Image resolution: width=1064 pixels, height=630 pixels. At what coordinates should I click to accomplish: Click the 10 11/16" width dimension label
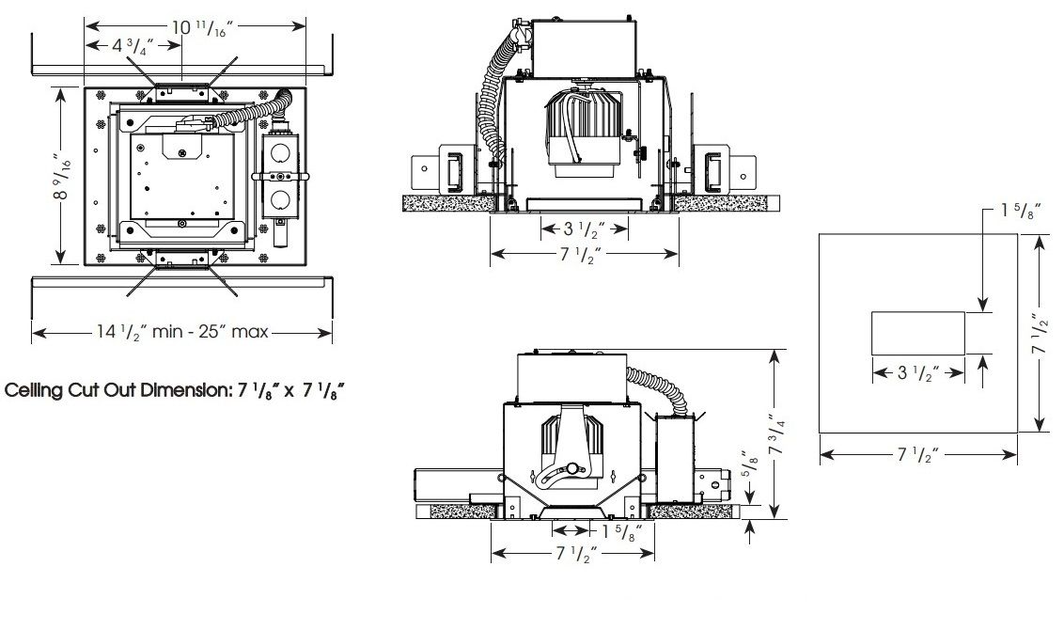point(202,28)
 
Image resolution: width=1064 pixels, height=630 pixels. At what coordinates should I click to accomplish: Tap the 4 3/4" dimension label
point(133,46)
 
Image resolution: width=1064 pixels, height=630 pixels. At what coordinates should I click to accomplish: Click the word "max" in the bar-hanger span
point(250,332)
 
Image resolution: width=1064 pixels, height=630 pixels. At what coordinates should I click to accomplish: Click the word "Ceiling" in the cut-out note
point(34,390)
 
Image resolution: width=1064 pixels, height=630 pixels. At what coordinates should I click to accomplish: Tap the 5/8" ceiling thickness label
point(747,468)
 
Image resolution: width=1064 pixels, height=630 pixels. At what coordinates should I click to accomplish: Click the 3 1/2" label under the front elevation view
point(584,230)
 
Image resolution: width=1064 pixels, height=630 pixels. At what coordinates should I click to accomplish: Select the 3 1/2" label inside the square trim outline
point(918,372)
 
